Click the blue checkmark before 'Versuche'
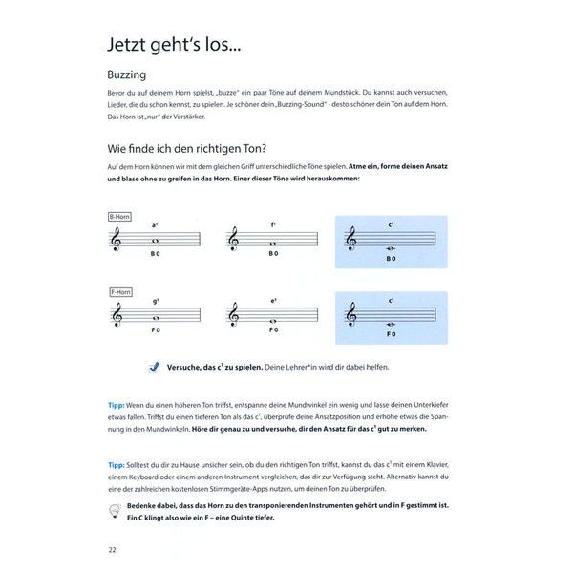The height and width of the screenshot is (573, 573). point(155,366)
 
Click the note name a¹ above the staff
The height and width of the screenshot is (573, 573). point(155,224)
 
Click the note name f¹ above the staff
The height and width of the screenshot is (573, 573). point(273,224)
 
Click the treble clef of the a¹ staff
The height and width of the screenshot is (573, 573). point(117,243)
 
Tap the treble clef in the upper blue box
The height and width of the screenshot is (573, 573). point(350,242)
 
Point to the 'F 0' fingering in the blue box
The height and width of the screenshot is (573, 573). point(391,334)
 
